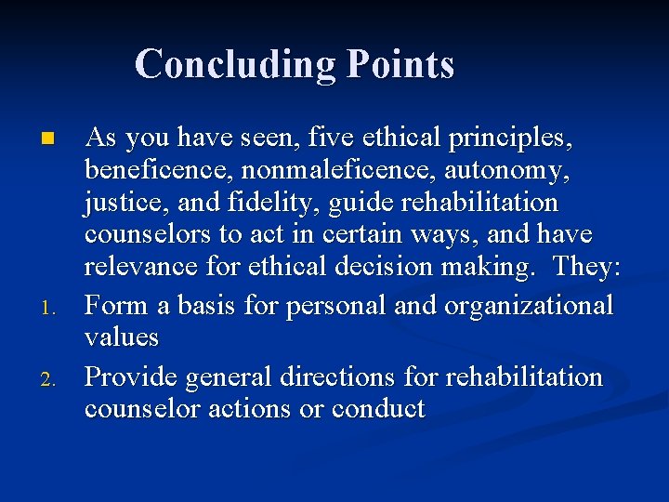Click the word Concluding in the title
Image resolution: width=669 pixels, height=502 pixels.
coord(236,65)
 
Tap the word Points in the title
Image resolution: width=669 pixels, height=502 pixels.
coord(400,65)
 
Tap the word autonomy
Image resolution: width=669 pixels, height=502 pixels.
coord(491,170)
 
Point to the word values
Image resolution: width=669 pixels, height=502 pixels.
coord(121,336)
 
